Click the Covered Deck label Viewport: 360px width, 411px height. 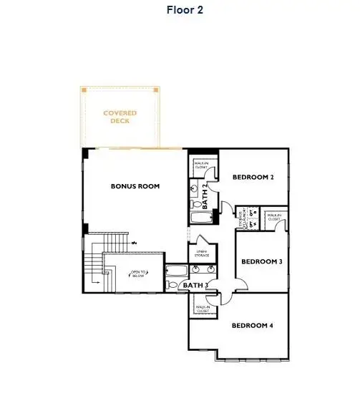pyautogui.click(x=120, y=117)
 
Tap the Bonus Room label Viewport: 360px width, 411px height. pyautogui.click(x=135, y=186)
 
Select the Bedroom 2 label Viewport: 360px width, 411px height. pyautogui.click(x=253, y=177)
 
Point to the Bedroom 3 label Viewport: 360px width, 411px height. pyautogui.click(x=261, y=262)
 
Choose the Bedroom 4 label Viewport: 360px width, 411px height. pyautogui.click(x=252, y=326)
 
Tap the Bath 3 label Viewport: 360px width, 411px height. pyautogui.click(x=195, y=286)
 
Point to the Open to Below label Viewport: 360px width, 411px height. pyautogui.click(x=138, y=274)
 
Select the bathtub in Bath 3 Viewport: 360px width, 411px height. pyautogui.click(x=175, y=271)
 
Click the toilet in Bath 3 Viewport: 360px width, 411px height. pyautogui.click(x=171, y=285)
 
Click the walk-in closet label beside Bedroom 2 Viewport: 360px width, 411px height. pyautogui.click(x=201, y=166)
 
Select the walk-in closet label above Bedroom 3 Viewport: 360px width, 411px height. pyautogui.click(x=273, y=217)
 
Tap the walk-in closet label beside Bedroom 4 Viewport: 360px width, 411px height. pyautogui.click(x=203, y=309)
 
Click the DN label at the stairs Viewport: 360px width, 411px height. pyautogui.click(x=134, y=243)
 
